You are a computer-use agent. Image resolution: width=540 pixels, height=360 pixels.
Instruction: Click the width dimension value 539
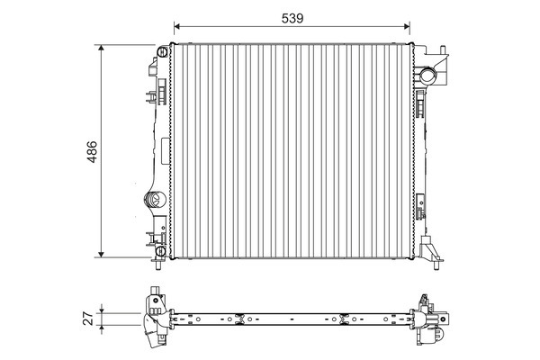292,18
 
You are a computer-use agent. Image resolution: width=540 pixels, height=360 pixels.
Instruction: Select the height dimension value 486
92,151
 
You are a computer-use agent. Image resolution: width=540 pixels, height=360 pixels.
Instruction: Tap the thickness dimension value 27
88,319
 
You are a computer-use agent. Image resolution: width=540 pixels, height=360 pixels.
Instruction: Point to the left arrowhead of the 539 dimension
177,26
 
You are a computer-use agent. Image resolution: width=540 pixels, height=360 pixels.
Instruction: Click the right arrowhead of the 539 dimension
407,26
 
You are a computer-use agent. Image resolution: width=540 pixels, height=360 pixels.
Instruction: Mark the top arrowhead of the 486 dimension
101,49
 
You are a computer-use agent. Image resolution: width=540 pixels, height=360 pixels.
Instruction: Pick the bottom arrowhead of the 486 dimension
101,254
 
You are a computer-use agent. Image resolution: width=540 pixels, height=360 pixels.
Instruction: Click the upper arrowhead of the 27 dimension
101,310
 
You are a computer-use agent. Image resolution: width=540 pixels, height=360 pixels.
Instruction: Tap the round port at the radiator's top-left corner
162,52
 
